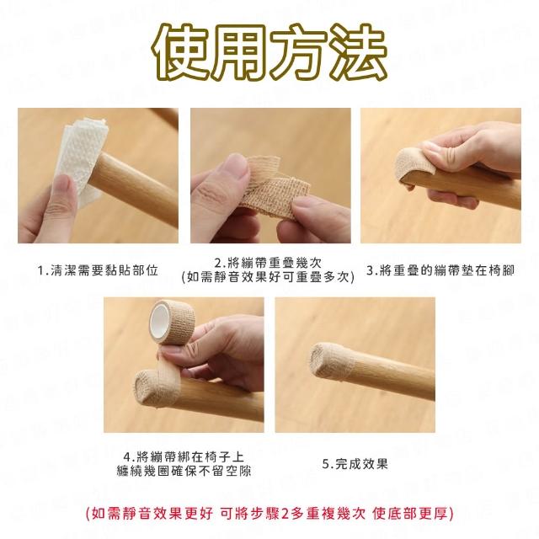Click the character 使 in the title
tap(181, 51)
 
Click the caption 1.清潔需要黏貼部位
tap(98, 270)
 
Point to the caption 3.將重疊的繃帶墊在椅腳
tap(440, 270)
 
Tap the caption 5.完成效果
tap(355, 464)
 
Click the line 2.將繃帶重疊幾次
tap(268, 263)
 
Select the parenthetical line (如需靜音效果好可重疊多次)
tap(268, 277)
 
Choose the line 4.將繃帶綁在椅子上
tap(184, 456)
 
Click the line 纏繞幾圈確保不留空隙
tap(184, 471)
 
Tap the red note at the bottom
tap(269, 514)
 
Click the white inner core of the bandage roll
tap(159, 322)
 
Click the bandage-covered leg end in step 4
tap(155, 387)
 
